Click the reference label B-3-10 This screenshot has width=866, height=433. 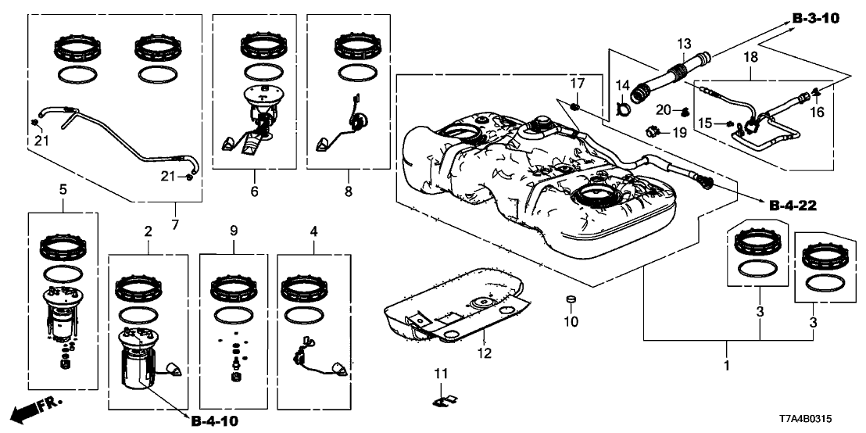click(815, 18)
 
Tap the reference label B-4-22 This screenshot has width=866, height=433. click(793, 206)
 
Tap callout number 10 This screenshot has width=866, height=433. click(571, 321)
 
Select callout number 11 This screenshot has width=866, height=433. click(441, 375)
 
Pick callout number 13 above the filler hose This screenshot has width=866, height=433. click(684, 43)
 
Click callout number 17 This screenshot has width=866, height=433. click(577, 83)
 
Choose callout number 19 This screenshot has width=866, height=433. click(678, 134)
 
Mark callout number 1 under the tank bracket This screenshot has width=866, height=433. click(728, 365)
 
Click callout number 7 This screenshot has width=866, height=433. click(174, 225)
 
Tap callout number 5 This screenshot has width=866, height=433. click(63, 189)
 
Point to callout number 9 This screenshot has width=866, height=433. click(232, 231)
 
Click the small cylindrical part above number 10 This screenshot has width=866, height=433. click(571, 300)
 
